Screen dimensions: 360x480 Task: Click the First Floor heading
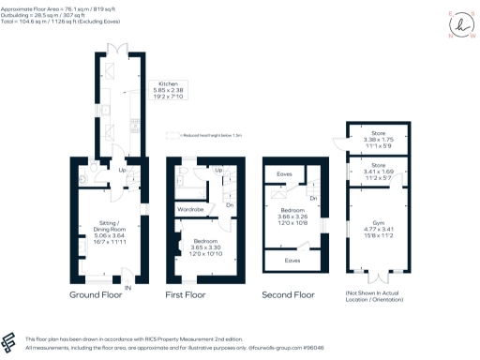pos(187,294)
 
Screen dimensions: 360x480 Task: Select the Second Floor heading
pos(289,294)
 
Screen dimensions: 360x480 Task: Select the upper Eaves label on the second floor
pos(283,174)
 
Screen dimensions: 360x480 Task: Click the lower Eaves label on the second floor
pos(292,261)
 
